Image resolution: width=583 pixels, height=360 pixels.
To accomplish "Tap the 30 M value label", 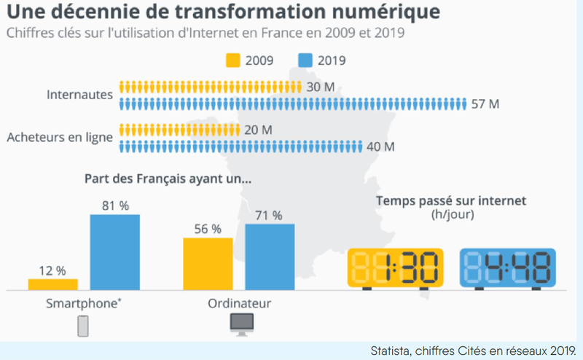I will pos(321,87).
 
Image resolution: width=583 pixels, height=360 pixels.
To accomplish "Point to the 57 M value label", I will pos(485,103).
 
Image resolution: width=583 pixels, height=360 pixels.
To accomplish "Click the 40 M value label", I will pos(380,146).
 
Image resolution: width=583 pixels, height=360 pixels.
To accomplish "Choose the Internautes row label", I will pos(79,95).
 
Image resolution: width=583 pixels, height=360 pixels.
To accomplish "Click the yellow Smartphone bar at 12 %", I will pos(52,284).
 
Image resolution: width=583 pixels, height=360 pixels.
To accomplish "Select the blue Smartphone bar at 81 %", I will pos(114,252).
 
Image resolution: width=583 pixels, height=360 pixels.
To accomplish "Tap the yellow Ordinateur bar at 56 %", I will pos(208,264).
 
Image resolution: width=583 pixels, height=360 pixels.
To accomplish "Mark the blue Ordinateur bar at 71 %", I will pos(270,257).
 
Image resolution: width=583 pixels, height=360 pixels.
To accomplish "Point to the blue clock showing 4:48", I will pos(508,267).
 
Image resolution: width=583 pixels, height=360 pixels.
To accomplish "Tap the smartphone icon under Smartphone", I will pos(83,325).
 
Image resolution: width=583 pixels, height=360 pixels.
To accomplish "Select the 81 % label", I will pos(115,206).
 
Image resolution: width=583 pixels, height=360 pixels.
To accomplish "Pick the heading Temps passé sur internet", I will pos(451,200).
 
